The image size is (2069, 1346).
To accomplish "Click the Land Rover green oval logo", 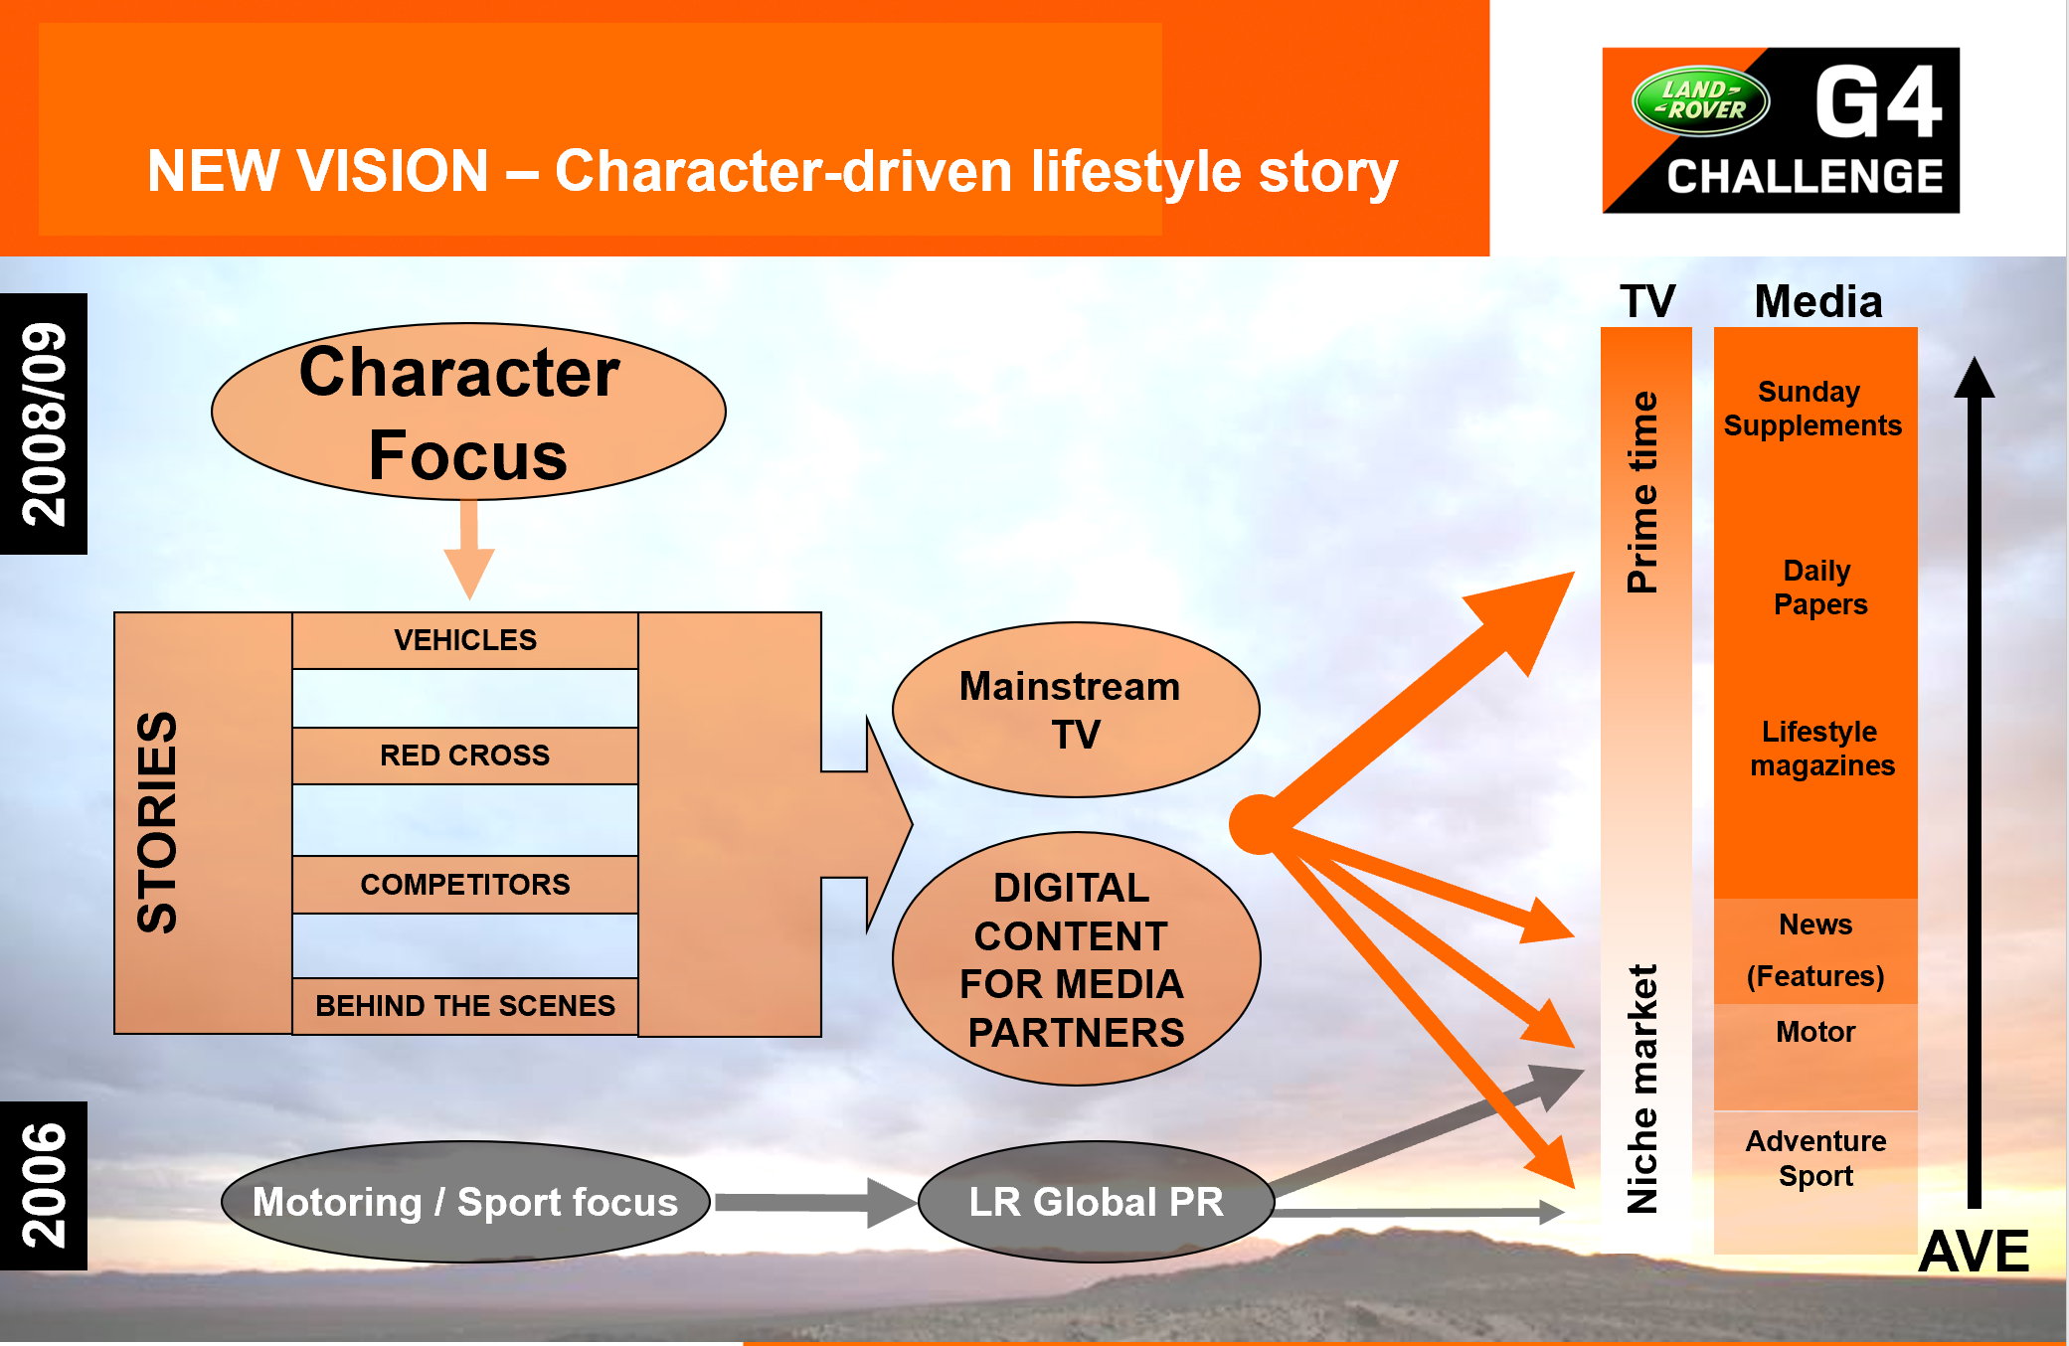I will [x=1700, y=100].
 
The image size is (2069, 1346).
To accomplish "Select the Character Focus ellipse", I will [x=468, y=412].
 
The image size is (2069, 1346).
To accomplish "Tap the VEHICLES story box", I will [x=465, y=640].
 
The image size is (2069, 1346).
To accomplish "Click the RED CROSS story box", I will [x=465, y=756].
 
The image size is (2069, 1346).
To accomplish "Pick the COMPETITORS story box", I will [x=465, y=885].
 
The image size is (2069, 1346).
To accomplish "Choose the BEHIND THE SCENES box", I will [x=465, y=1006].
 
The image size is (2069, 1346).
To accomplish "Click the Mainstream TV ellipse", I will [x=1075, y=710].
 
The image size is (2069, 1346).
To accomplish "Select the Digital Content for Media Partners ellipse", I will [x=1076, y=959].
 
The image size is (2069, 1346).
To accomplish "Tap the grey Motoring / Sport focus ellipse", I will [x=465, y=1202].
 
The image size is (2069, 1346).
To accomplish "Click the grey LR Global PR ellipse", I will [x=1096, y=1202].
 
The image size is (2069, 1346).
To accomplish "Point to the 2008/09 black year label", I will [x=44, y=423].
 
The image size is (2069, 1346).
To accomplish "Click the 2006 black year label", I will [x=44, y=1185].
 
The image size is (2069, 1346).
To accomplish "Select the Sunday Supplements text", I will [x=1811, y=409].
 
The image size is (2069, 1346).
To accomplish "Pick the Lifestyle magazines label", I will [x=1821, y=749].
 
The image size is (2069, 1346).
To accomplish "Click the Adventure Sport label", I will [x=1815, y=1158].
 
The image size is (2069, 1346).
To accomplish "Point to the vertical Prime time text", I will [x=1643, y=492].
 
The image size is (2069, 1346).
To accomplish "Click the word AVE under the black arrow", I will [x=1974, y=1251].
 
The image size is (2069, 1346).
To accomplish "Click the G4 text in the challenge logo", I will [x=1877, y=101].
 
